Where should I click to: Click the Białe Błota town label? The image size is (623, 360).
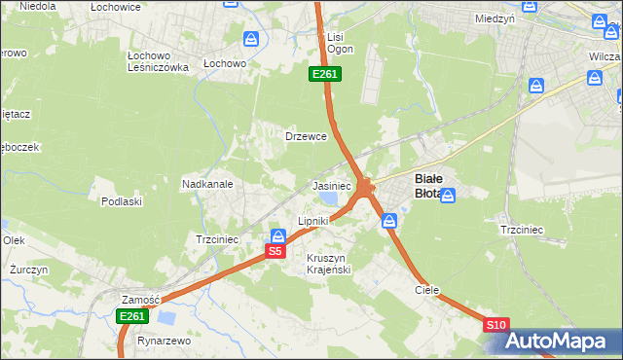click(431, 186)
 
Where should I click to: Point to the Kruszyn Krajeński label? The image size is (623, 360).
click(328, 263)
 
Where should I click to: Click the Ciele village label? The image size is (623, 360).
click(426, 290)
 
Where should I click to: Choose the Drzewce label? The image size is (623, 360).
click(305, 136)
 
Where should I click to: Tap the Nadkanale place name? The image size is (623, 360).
click(205, 183)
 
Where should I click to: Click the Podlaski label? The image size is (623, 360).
click(122, 201)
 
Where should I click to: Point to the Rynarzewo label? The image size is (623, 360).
click(164, 342)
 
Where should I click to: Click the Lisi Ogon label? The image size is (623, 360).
click(340, 43)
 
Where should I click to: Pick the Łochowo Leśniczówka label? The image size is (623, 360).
click(158, 60)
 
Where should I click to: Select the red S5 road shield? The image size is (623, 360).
click(275, 251)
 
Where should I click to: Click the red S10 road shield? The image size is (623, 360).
click(495, 324)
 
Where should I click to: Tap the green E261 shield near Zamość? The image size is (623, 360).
click(131, 316)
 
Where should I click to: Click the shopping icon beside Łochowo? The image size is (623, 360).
click(251, 39)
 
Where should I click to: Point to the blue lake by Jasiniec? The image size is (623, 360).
click(329, 199)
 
